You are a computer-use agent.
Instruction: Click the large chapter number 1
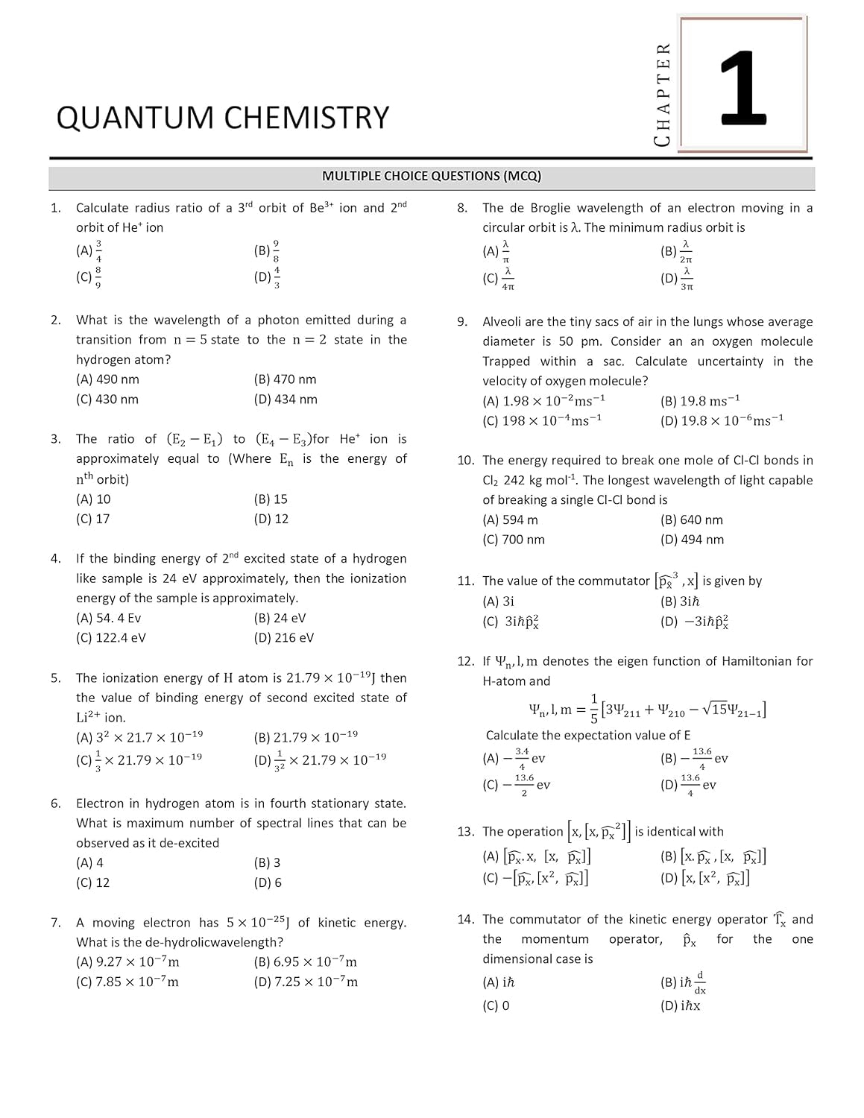tap(742, 88)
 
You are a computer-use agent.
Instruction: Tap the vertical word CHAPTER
tap(662, 94)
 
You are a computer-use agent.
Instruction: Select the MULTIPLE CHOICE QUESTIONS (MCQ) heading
tap(432, 177)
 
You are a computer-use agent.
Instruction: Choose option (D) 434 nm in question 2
tap(286, 399)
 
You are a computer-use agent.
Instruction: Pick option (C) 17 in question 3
tap(93, 519)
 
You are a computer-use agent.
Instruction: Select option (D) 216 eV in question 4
tap(284, 638)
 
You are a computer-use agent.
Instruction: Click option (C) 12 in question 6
tap(93, 882)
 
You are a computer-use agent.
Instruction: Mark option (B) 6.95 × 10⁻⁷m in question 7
tap(306, 962)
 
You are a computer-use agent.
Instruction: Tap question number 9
tap(462, 322)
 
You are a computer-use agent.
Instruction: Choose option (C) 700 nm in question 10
tap(514, 540)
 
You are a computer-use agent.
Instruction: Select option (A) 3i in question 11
tap(499, 601)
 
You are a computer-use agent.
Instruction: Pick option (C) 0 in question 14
tap(496, 1005)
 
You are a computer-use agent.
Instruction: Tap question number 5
tap(56, 678)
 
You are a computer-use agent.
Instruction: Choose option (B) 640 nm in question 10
tap(692, 520)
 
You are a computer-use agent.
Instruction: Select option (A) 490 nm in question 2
tap(107, 379)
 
